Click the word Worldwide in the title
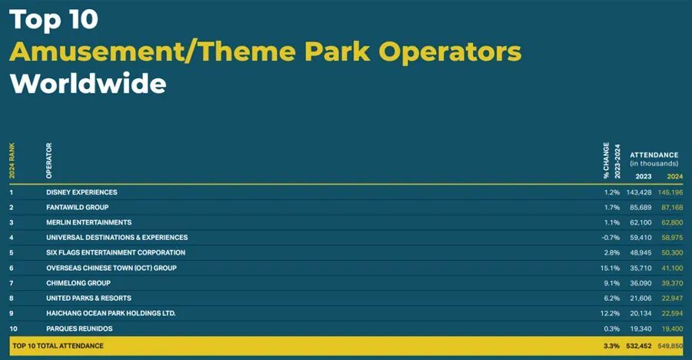point(88,83)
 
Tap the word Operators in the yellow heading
point(450,52)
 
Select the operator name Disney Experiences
point(82,192)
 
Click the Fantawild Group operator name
point(77,207)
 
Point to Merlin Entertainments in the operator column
point(88,222)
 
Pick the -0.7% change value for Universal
point(610,238)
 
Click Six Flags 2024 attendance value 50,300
point(672,252)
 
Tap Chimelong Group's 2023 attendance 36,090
point(640,283)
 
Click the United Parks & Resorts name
point(88,298)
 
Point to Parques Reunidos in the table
point(79,328)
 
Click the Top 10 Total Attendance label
point(58,346)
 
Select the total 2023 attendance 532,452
point(639,346)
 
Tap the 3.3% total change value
point(612,346)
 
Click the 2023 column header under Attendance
point(644,176)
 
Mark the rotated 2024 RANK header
point(12,161)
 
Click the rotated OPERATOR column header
point(48,161)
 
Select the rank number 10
point(13,328)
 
